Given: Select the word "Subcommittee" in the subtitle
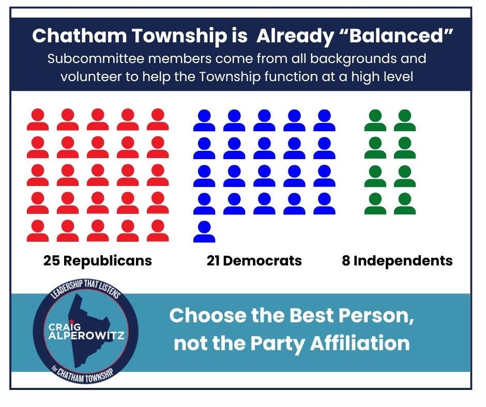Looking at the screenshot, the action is pyautogui.click(x=96, y=58).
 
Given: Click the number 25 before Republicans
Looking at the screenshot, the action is pyautogui.click(x=52, y=260).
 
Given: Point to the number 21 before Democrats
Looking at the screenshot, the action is pyautogui.click(x=213, y=260).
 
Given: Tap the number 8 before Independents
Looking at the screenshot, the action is pyautogui.click(x=346, y=260).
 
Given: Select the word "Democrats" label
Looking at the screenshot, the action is pyautogui.click(x=262, y=260).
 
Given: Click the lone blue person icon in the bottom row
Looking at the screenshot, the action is pyautogui.click(x=204, y=231).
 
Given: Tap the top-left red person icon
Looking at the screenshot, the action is pyautogui.click(x=38, y=119).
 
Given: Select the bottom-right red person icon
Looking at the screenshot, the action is pyautogui.click(x=158, y=230).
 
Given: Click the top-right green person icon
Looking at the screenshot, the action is pyautogui.click(x=405, y=120).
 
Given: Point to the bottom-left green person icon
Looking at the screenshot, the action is pyautogui.click(x=375, y=203).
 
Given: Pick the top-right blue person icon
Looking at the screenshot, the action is pyautogui.click(x=325, y=120).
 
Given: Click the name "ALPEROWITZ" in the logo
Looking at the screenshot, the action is pyautogui.click(x=86, y=335).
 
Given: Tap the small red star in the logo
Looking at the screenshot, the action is pyautogui.click(x=72, y=321).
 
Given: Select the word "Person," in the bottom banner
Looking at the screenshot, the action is pyautogui.click(x=376, y=316).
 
